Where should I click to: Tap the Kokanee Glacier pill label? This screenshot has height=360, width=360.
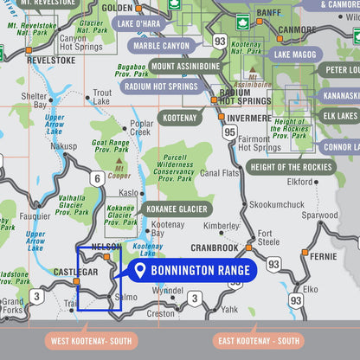pos(176,209)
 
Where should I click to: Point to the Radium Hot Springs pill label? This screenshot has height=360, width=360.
pos(162,87)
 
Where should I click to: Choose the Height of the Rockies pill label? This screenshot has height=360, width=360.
pos(290,167)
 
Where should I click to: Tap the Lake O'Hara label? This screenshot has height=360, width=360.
pos(138,23)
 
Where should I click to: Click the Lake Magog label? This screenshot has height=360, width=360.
pos(296,55)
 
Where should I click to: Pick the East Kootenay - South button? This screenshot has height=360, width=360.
pos(257,341)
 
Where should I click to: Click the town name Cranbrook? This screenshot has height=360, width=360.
pos(215,247)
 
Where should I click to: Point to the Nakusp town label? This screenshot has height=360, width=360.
pos(63,146)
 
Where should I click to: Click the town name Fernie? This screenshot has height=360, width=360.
pos(323,257)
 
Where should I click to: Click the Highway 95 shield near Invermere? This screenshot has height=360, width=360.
pos(228,132)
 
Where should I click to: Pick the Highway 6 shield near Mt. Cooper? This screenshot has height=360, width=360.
pos(97,178)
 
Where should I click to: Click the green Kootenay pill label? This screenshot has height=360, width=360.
pos(179,117)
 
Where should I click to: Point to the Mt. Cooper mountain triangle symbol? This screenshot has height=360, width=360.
pos(117,161)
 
